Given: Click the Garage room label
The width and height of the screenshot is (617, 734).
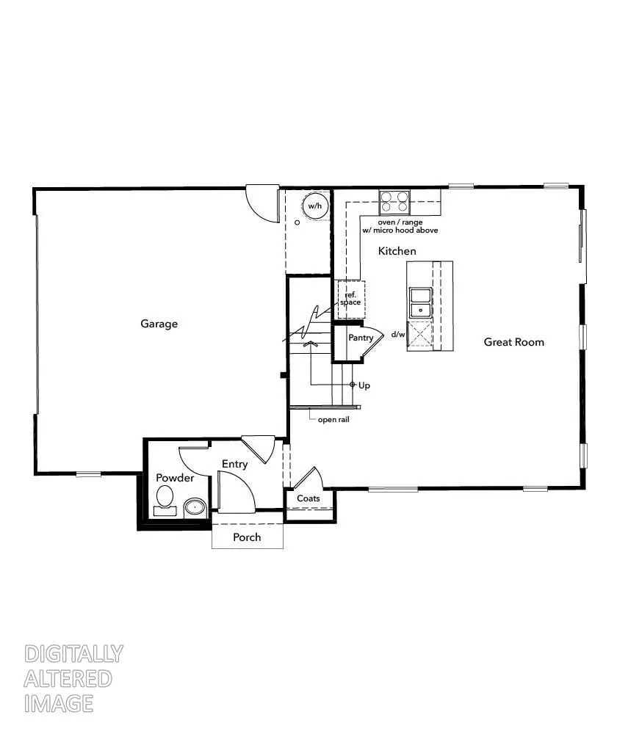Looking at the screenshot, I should tap(159, 324).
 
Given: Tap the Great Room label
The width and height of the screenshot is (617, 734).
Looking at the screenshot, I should tap(513, 342).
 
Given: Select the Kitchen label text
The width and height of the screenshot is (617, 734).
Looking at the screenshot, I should tap(397, 251).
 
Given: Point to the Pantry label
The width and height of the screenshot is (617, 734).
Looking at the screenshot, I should tap(361, 338).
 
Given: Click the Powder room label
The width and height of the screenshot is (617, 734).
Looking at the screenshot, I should tap(175, 479).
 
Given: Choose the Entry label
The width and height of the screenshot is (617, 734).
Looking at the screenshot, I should tap(234, 465).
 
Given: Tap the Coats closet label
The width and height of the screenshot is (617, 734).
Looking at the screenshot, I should tap(308, 499).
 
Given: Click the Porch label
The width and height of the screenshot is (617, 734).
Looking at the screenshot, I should tap(247, 537).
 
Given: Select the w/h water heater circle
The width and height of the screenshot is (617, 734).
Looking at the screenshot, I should tap(315, 207).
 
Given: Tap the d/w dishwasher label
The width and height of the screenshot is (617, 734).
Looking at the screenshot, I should tap(398, 335).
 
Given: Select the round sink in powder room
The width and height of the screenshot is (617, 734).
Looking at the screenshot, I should tap(195, 506).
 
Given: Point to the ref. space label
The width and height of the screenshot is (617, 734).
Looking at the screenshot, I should tap(350, 299).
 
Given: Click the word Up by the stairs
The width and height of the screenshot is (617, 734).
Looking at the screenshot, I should tap(364, 385).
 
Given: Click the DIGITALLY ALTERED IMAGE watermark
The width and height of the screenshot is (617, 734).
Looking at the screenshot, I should tap(73, 678).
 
